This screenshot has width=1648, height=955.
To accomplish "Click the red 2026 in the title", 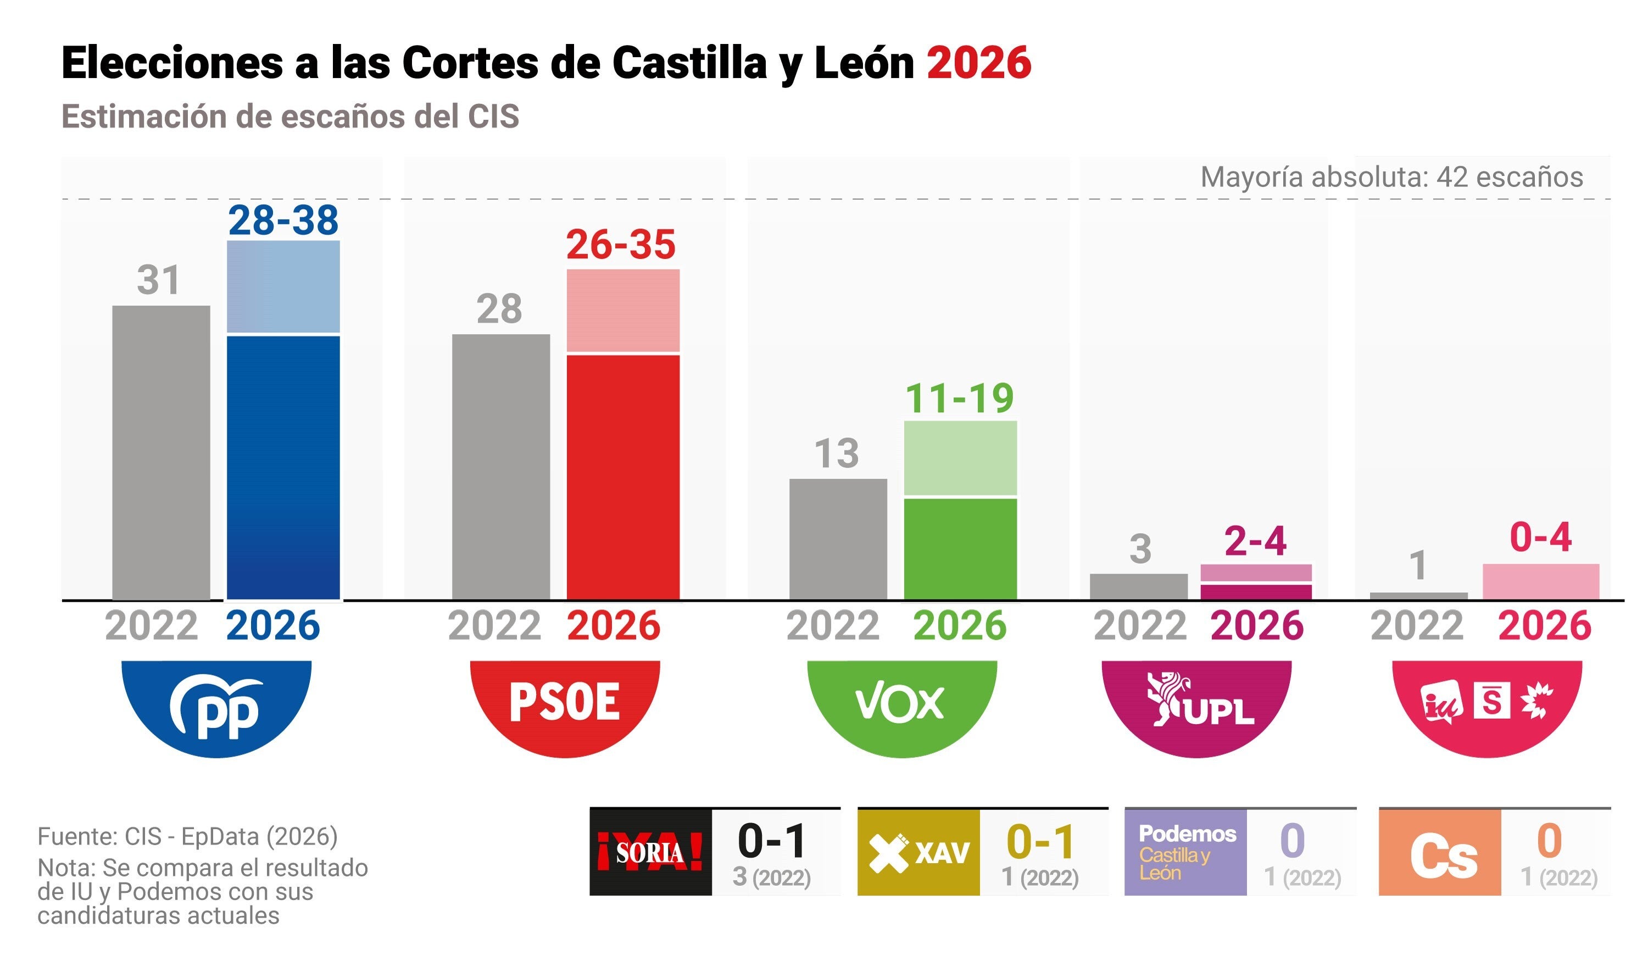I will pos(978,63).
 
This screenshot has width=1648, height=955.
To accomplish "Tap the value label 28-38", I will pos(283,220).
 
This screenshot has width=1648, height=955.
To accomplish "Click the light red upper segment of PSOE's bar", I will pos(622,310).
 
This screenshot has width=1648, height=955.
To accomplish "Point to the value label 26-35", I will pos(620,245).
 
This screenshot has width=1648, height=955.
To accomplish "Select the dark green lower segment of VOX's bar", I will pos(960,548).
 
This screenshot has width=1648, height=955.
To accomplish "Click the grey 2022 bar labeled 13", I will pos(838,538).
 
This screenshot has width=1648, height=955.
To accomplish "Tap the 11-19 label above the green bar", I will pos(959,398).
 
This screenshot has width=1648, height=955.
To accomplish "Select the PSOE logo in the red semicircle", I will pos(564,702).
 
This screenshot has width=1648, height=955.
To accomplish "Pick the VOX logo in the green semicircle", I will pos(900,703).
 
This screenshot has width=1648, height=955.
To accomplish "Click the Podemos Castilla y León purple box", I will pos(1185,852).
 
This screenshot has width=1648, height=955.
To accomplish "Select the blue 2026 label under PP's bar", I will pos(272,625).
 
